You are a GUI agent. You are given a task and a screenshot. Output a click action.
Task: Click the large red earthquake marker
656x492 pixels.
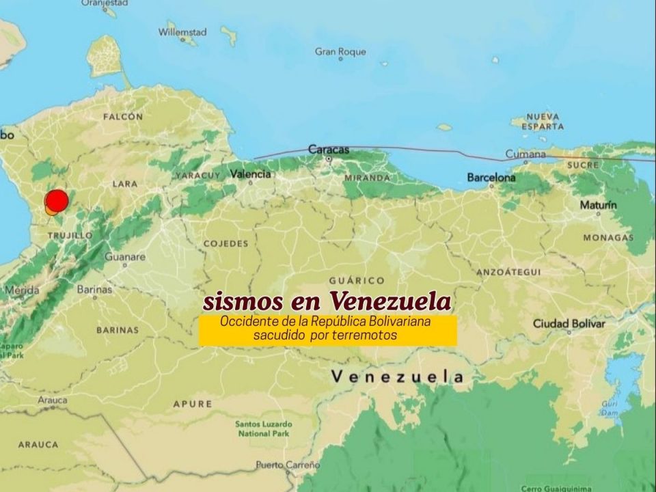click(x=57, y=200)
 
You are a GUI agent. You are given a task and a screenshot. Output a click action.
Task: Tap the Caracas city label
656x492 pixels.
click(x=329, y=149)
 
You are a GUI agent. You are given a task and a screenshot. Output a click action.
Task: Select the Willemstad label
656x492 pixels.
click(x=182, y=31)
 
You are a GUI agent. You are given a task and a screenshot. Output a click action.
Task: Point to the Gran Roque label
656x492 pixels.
click(x=340, y=52)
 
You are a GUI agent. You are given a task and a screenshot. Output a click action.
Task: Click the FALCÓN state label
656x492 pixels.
click(x=123, y=117)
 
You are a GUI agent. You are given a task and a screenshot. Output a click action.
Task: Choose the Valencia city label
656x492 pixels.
click(x=250, y=174)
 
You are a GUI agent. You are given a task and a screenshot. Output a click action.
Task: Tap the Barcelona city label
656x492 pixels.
click(x=491, y=178)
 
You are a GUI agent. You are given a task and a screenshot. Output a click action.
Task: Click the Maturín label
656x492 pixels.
click(x=599, y=205)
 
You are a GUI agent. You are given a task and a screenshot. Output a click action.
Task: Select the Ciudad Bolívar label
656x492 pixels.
click(x=569, y=323)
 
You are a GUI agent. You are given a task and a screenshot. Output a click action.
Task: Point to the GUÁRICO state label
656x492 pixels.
click(x=357, y=280)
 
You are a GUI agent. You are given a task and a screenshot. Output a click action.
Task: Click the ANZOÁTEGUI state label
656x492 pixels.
click(x=508, y=272)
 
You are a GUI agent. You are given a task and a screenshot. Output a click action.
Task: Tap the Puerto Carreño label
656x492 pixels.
click(x=288, y=465)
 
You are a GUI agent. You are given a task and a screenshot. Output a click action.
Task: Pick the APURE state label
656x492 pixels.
click(x=193, y=404)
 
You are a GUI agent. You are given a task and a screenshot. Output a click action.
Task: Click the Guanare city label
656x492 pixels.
click(x=125, y=257)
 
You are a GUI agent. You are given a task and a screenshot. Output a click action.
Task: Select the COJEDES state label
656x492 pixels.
click(x=225, y=243)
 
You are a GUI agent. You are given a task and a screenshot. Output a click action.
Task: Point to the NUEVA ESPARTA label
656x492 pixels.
click(x=543, y=122)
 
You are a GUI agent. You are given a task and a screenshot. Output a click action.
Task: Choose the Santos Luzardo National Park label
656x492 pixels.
click(x=263, y=428)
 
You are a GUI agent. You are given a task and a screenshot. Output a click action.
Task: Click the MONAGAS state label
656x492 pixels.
click(x=608, y=238)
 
